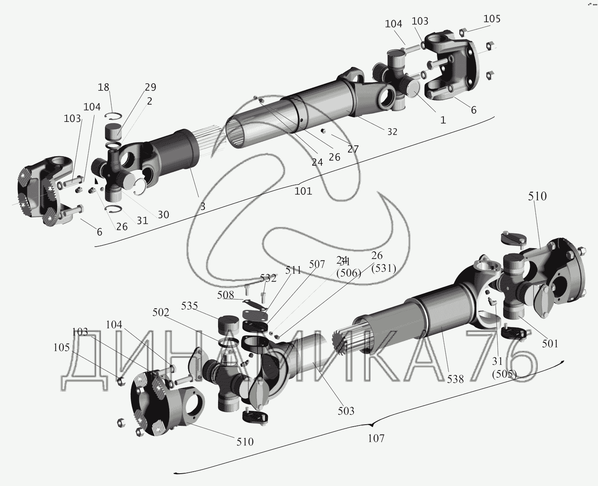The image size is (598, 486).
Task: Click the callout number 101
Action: point(303,191)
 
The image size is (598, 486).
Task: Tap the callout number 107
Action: point(376,438)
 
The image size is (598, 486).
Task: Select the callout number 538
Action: point(455,379)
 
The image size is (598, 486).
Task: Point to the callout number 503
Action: point(346,411)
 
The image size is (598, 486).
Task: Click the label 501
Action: point(550,343)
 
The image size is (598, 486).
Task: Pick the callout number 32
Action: point(392,132)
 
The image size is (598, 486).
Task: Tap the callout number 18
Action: point(104,87)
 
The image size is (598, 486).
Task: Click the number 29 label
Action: point(150,87)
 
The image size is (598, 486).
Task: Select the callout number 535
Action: point(189,306)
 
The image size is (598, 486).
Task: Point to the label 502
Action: point(161,313)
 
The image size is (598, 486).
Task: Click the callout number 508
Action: point(226,295)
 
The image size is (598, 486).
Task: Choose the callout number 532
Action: point(268,278)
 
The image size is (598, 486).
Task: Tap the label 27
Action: point(353,149)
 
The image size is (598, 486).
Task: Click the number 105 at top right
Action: point(492,19)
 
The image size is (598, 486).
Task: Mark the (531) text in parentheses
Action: point(384,269)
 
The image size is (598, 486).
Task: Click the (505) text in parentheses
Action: point(504,374)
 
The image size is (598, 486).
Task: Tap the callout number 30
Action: point(163,215)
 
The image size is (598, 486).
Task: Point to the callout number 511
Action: point(293,270)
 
